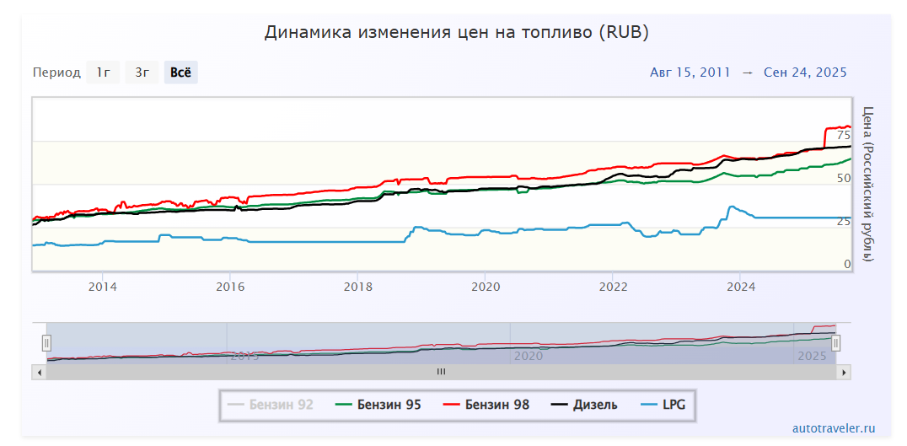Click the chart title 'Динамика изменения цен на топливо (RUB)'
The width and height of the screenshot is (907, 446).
456,32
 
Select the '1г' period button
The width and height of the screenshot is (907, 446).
103,73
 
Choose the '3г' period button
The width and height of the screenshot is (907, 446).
142,73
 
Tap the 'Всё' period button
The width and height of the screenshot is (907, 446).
180,73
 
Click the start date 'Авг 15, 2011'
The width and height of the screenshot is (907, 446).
690,73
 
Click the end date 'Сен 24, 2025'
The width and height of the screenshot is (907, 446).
805,73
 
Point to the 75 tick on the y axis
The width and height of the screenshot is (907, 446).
843,135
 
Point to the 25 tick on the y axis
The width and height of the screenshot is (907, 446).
843,221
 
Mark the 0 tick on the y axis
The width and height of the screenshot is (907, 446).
847,264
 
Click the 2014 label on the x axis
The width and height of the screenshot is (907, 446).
103,286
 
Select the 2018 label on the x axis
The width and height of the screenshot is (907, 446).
357,286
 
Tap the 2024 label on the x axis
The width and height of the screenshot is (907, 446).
741,286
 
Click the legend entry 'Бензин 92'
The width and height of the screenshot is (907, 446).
271,405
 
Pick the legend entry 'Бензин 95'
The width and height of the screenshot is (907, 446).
378,405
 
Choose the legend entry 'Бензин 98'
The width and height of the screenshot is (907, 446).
486,405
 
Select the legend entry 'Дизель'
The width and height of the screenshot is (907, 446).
584,405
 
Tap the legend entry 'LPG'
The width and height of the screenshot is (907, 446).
663,405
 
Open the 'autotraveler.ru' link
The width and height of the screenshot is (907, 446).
834,428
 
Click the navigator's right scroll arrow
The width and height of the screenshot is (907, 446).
845,371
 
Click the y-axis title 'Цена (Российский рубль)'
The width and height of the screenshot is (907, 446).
868,183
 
